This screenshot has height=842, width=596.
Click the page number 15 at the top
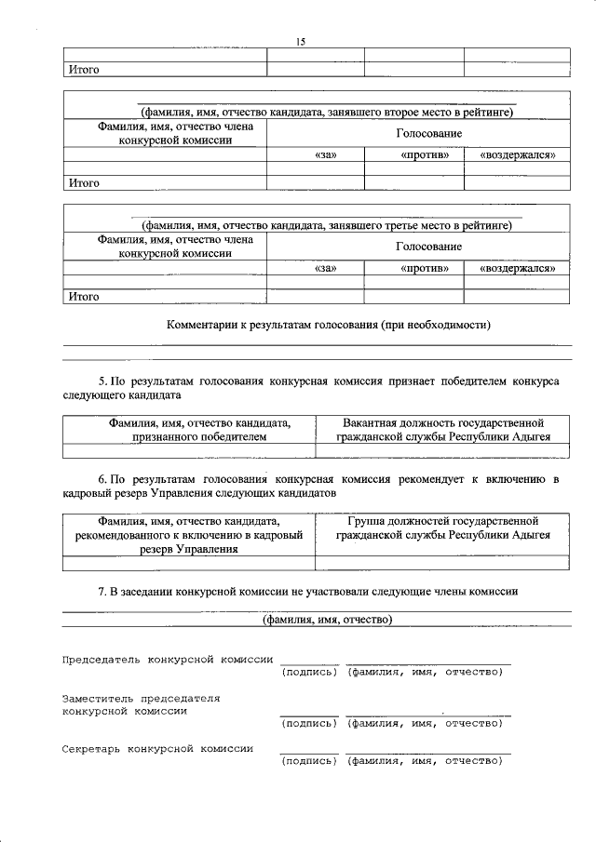tap(300, 42)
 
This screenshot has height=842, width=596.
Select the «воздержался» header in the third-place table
tap(518, 268)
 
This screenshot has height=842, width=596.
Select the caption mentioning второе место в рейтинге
tap(327, 112)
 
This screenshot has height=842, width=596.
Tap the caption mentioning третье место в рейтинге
tap(327, 225)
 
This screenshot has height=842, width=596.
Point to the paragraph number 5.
tap(102, 381)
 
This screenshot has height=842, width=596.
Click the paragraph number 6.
tap(102, 479)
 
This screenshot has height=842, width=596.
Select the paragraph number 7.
tap(102, 591)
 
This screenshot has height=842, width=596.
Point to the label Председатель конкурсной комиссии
tap(167, 659)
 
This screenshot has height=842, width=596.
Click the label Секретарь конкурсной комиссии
tap(157, 747)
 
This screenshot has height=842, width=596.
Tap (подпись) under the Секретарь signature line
tap(308, 761)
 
